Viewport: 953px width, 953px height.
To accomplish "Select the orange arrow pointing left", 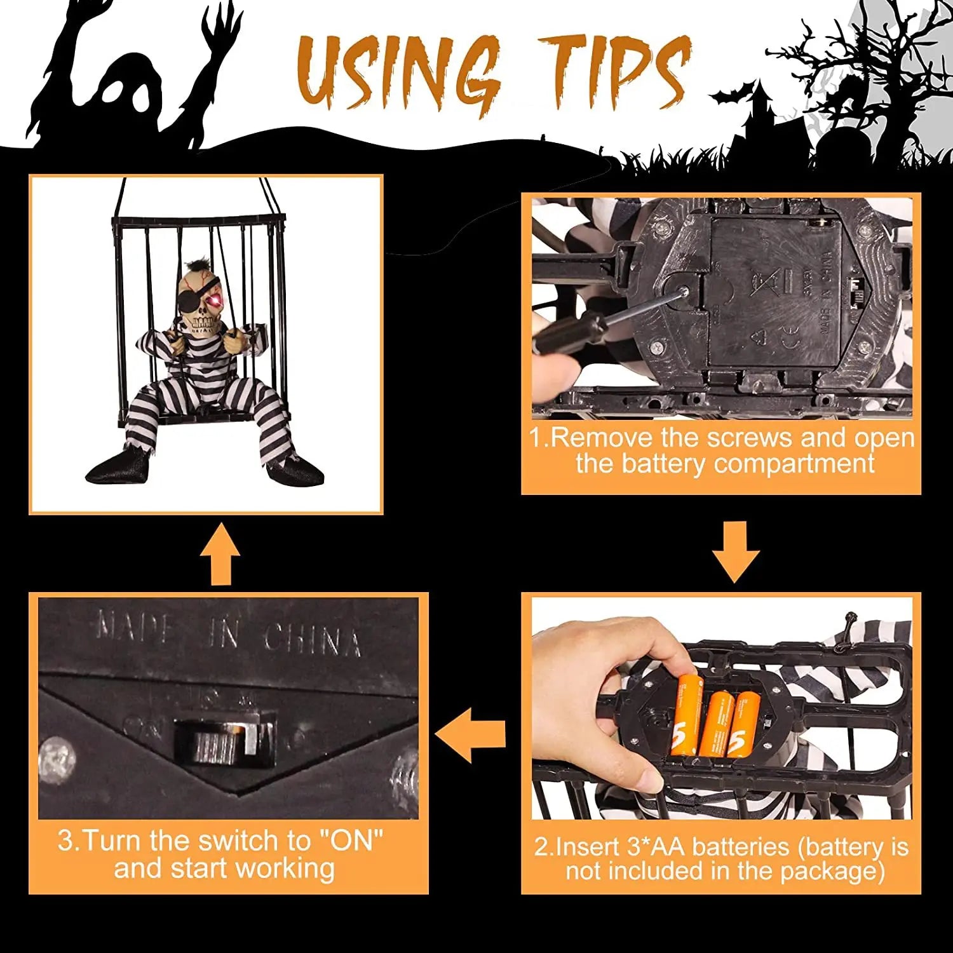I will point(470,735).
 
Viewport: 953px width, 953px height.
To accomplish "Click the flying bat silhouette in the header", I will point(729,97).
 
